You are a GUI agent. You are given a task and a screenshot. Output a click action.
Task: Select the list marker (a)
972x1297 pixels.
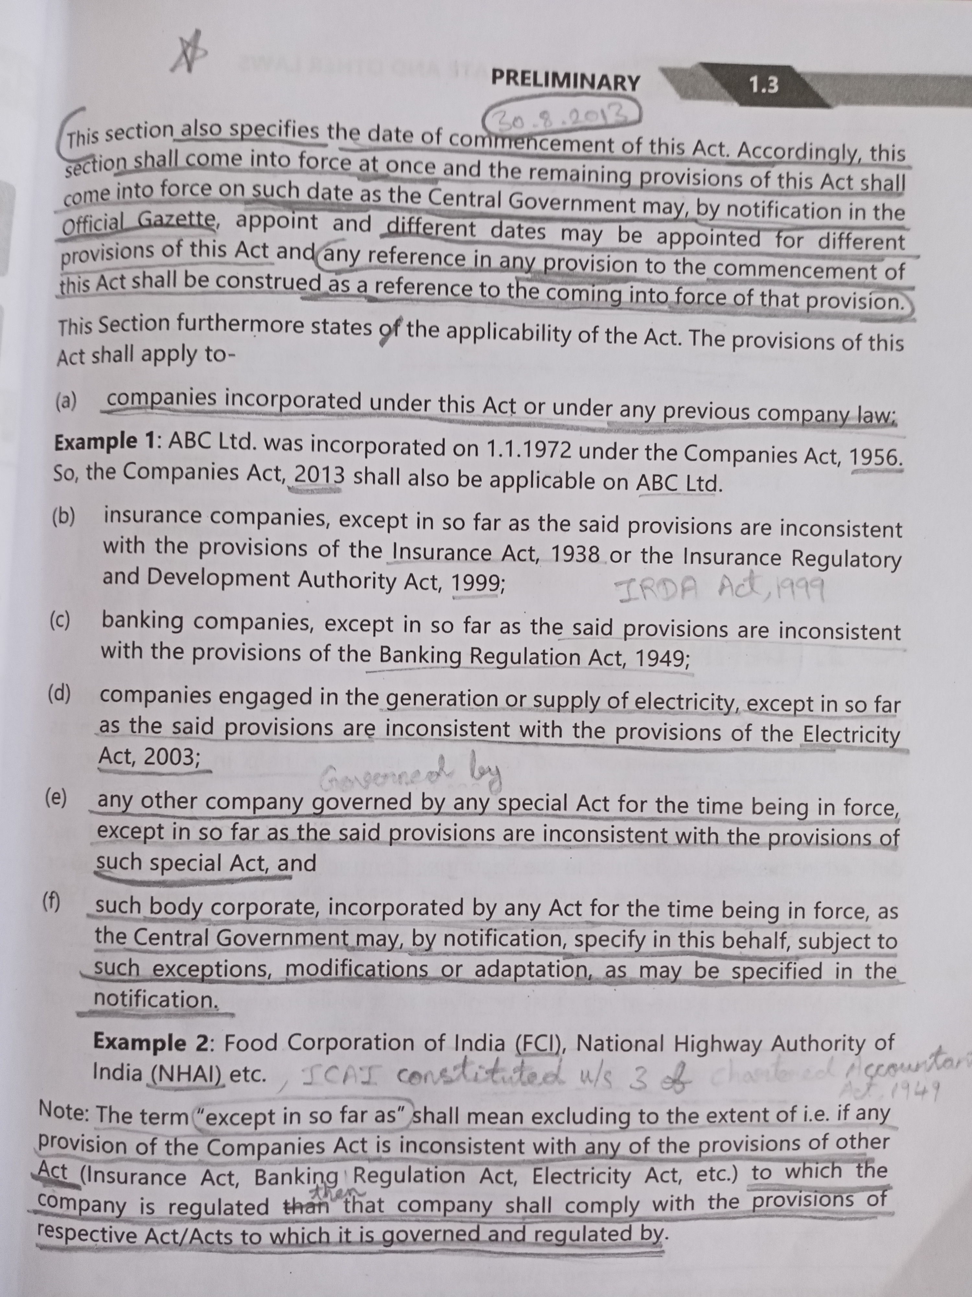pos(66,401)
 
